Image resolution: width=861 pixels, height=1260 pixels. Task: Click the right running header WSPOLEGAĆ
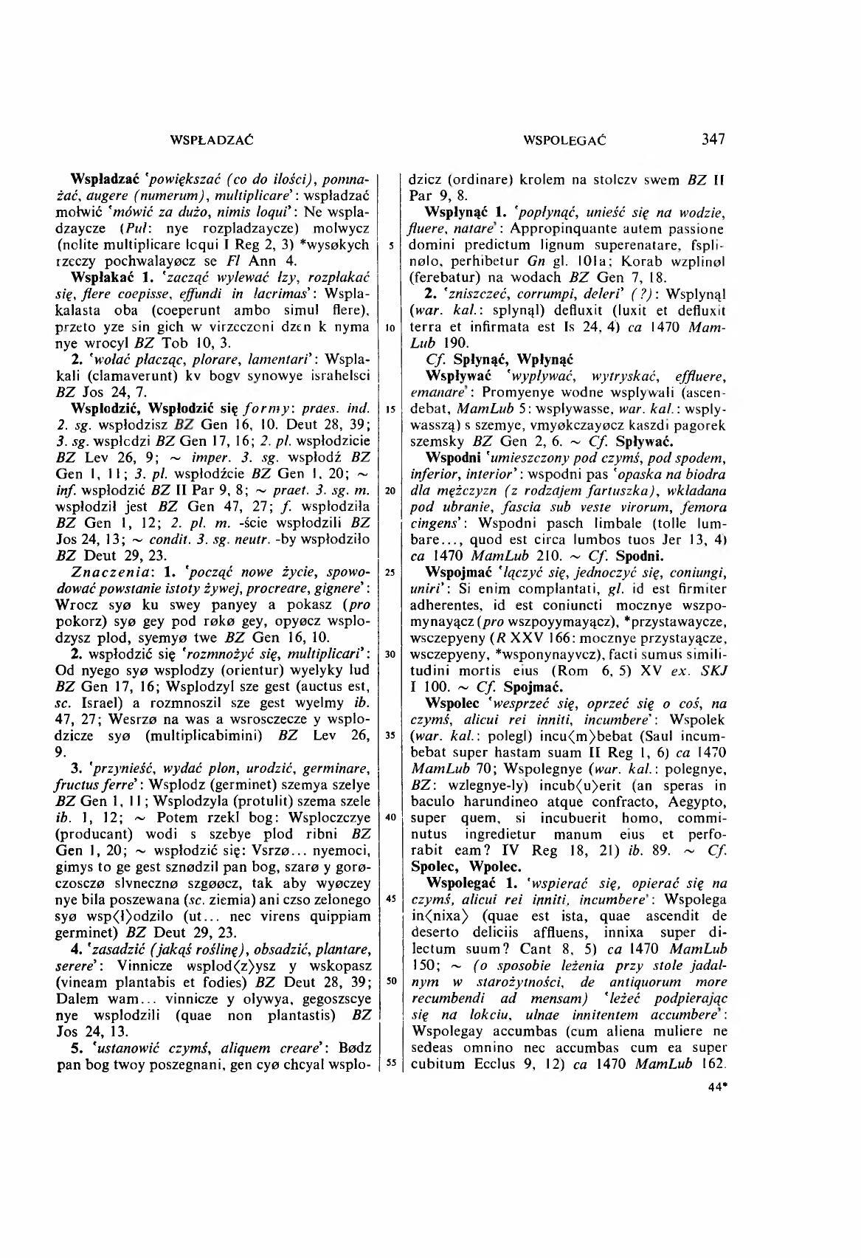[564, 140]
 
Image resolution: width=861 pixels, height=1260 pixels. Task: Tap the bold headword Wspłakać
[98, 278]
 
